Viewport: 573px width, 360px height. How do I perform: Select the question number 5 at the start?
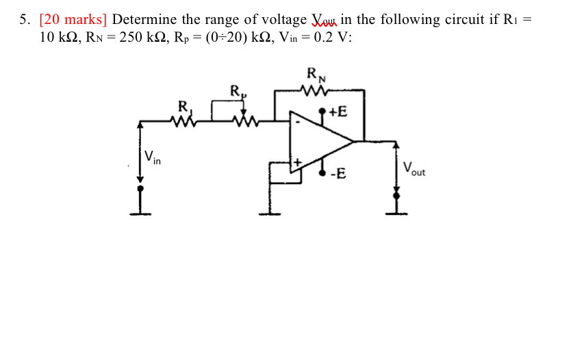(x=23, y=19)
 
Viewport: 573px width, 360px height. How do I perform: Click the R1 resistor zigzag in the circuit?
(x=184, y=121)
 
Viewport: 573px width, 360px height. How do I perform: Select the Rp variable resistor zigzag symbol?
(x=244, y=121)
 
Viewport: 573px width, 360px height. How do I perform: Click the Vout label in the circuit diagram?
(x=413, y=168)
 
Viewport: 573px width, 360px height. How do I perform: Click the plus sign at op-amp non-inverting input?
(x=297, y=162)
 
